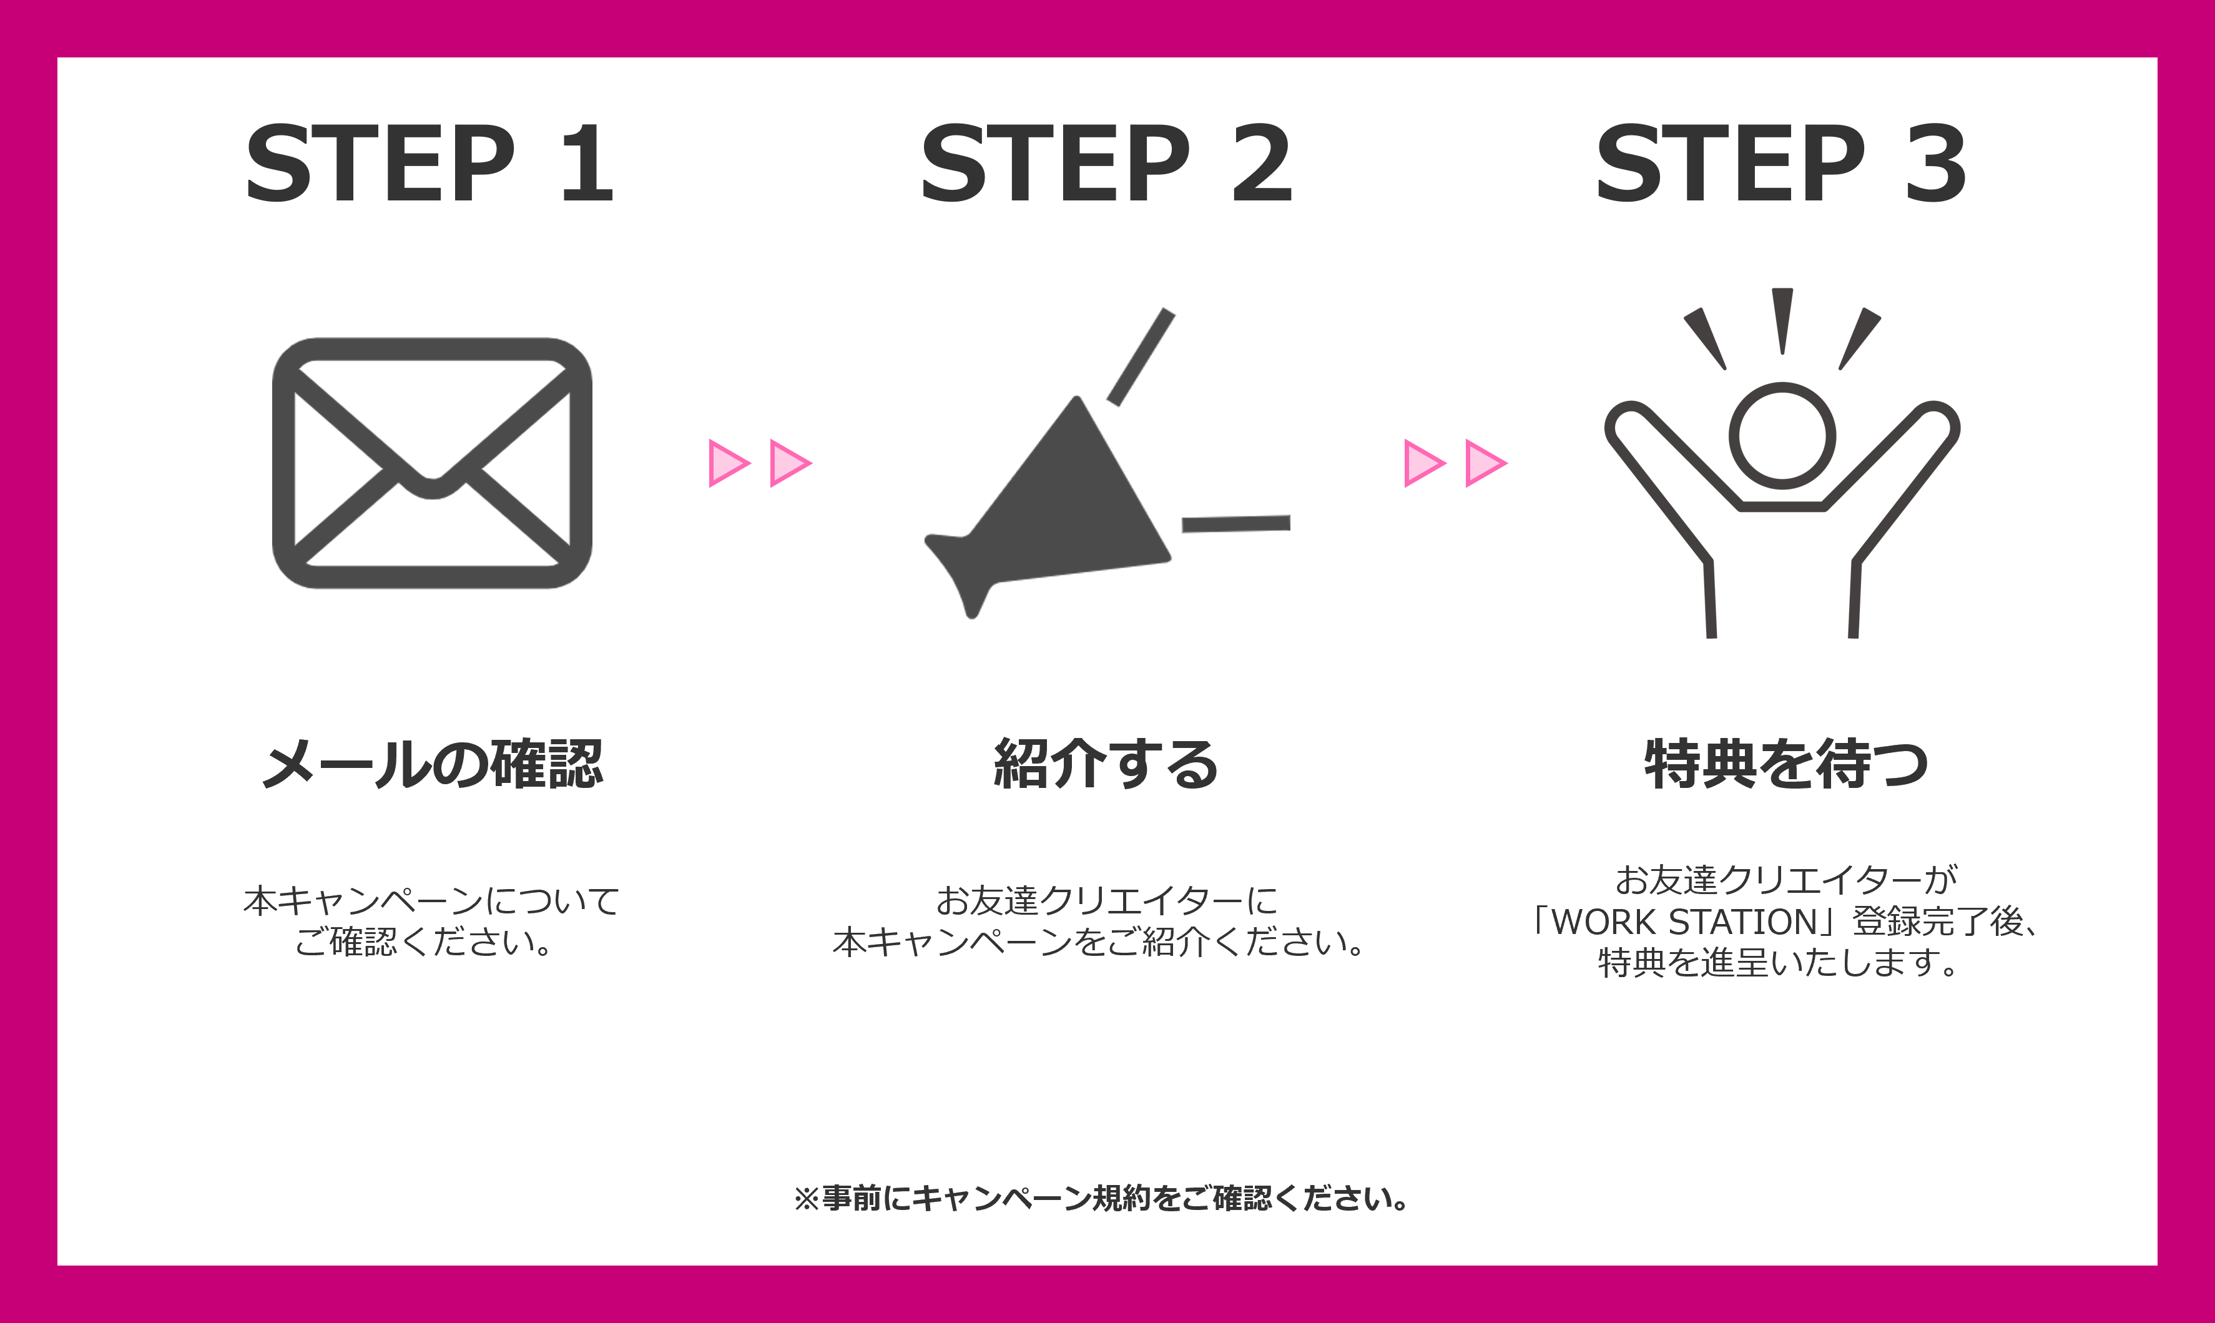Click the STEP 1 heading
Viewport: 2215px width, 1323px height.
coord(430,163)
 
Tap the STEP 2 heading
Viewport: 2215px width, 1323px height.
coord(1106,163)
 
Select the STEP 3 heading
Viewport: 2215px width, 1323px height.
coord(1781,163)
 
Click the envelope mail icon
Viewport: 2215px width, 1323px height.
coord(432,463)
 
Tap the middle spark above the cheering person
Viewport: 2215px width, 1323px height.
coord(1783,321)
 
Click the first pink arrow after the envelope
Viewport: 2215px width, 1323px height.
coord(729,463)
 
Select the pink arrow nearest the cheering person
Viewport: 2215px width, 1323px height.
coord(1486,463)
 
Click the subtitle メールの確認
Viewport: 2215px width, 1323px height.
coord(432,764)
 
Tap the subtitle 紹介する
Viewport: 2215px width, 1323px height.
coord(1106,764)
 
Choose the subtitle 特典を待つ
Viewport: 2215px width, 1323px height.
coord(1786,764)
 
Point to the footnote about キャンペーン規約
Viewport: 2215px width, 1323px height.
coord(1102,1198)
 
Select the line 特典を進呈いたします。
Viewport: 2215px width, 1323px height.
coord(1779,963)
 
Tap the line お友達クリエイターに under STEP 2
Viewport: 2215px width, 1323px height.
coord(1106,900)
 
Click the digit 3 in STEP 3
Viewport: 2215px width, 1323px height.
coord(1935,163)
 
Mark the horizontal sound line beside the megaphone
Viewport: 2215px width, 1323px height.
coord(1236,523)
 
